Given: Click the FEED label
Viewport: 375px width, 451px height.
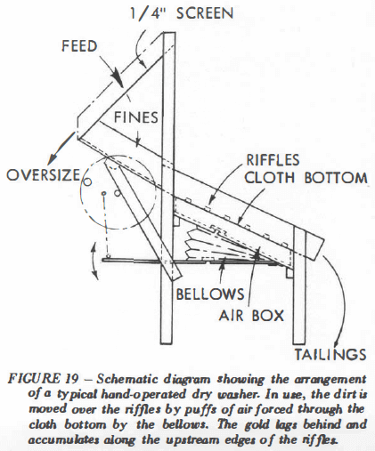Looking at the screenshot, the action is click(x=79, y=46).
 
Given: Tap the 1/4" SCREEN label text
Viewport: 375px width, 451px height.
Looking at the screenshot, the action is click(x=182, y=13).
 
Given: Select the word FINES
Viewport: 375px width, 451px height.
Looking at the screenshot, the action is click(x=136, y=117).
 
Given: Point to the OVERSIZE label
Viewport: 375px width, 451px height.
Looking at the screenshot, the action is click(x=44, y=174).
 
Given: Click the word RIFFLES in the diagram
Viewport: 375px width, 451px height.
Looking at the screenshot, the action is click(x=273, y=160).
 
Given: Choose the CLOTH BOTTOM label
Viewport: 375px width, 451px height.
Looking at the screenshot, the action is click(x=306, y=178).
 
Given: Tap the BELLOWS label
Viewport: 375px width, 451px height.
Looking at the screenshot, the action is click(x=210, y=294).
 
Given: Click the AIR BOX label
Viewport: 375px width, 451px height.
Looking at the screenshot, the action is click(x=251, y=315).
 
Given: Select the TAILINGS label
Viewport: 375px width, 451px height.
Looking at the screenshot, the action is click(x=330, y=354).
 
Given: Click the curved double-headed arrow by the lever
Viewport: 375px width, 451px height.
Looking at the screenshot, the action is click(x=94, y=260).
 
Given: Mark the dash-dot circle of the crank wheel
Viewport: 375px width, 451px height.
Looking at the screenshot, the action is click(x=80, y=193).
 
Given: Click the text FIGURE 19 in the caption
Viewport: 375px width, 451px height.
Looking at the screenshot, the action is click(x=44, y=379).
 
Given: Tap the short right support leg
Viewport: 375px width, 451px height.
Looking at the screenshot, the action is click(x=299, y=285).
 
